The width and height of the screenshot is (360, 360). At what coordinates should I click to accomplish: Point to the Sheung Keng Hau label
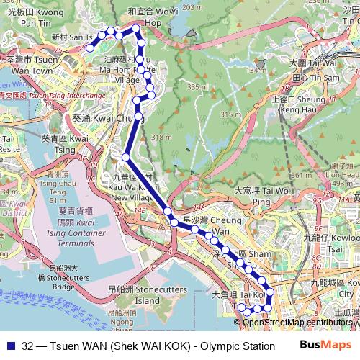[x=297, y=105]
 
